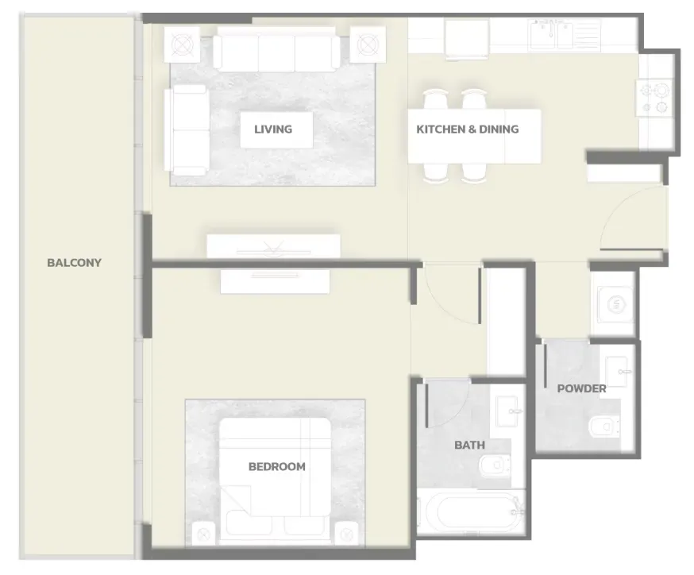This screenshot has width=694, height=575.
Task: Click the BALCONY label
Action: (75, 263)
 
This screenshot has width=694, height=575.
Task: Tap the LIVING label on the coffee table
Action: (273, 129)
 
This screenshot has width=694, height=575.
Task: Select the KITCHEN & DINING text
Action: (468, 129)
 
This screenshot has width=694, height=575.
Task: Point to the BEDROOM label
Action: (277, 466)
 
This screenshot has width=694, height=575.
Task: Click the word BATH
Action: (469, 445)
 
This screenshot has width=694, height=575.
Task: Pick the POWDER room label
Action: (581, 388)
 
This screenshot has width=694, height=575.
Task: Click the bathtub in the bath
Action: (472, 512)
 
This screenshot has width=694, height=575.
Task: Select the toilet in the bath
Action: (494, 465)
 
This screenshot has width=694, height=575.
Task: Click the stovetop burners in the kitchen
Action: (654, 98)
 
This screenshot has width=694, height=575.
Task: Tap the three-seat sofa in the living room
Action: (276, 49)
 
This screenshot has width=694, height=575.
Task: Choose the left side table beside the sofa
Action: (182, 44)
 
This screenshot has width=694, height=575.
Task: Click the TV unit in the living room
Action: (273, 246)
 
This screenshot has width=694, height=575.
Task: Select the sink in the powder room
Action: (619, 372)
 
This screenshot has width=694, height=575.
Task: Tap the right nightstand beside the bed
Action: (346, 534)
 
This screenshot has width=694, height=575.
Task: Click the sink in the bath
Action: (507, 411)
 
